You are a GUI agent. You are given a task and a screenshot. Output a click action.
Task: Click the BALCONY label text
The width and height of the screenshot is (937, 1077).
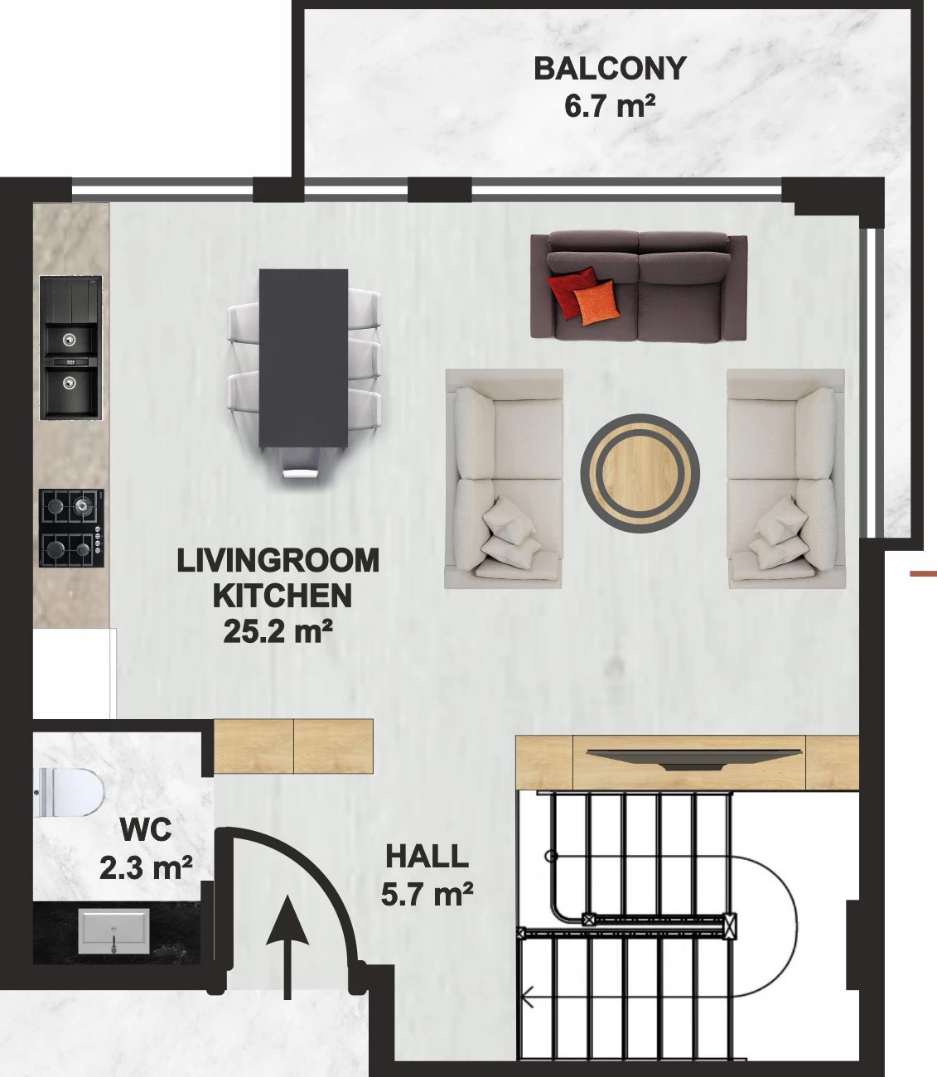click(610, 69)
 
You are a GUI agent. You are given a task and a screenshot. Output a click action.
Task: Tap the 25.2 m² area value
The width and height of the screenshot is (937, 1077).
click(278, 631)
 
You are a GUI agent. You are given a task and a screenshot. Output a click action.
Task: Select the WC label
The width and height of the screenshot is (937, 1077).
click(146, 830)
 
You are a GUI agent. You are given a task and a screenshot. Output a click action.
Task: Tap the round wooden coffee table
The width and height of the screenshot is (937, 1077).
click(640, 473)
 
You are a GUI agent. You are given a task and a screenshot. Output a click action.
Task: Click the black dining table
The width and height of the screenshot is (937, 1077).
click(303, 358)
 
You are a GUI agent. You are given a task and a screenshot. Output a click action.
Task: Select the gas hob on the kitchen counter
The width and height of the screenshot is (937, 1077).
click(71, 528)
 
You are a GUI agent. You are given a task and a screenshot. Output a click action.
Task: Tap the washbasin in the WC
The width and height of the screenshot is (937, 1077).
click(114, 932)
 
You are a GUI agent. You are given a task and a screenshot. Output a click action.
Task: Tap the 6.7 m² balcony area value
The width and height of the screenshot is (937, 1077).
click(610, 106)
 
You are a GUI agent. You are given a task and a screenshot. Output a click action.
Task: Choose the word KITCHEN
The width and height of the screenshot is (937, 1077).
click(283, 596)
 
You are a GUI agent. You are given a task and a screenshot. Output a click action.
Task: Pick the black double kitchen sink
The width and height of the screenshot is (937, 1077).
click(70, 348)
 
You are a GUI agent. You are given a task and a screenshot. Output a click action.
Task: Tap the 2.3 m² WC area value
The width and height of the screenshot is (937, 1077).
click(146, 867)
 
